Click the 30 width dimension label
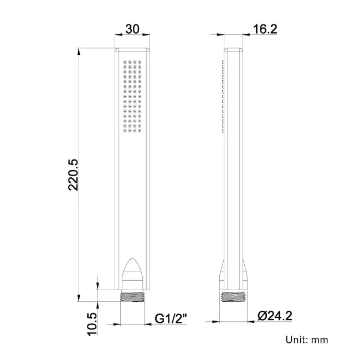tap(132, 29)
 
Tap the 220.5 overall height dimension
tap(74, 174)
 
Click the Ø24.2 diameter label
tap(275, 317)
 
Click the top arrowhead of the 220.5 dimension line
tap(79, 52)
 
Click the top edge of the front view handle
tap(133, 49)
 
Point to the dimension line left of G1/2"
tap(133, 321)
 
